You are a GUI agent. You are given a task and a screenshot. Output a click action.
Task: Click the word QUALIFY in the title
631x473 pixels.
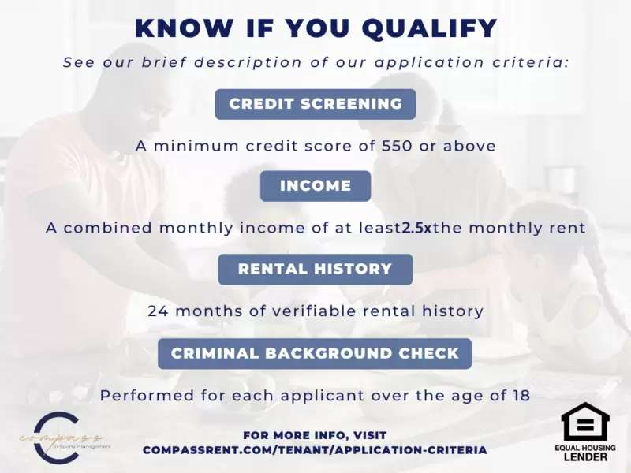click(429, 28)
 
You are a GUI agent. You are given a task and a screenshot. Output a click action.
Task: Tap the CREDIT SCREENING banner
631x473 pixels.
click(315, 104)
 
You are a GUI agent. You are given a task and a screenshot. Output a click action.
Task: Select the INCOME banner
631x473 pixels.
click(315, 186)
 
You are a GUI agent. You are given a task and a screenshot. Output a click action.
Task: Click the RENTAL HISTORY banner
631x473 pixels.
click(315, 269)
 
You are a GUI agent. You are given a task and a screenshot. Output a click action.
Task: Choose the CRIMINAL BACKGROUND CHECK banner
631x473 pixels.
click(315, 353)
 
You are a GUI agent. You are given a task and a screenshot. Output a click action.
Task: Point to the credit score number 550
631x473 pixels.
click(398, 146)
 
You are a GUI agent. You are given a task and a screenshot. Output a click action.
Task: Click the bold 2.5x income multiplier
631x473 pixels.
click(416, 228)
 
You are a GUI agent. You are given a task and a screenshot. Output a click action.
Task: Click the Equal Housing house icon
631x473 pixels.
click(585, 422)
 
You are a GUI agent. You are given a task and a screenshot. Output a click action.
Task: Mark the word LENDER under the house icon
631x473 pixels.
click(585, 456)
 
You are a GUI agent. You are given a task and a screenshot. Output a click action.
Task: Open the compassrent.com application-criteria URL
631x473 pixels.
click(315, 450)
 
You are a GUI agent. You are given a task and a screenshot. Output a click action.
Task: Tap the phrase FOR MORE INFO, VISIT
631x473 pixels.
click(315, 435)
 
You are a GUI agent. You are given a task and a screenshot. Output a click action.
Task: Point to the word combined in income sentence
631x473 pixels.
click(107, 228)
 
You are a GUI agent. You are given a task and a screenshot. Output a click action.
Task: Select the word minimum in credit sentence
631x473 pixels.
click(196, 146)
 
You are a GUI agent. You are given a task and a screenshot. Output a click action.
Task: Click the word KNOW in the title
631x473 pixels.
click(185, 28)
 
